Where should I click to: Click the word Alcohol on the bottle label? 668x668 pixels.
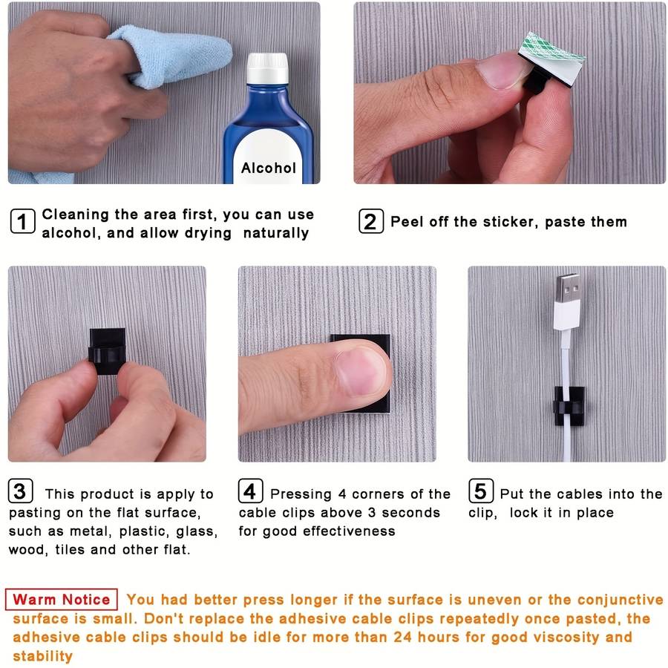point(268,168)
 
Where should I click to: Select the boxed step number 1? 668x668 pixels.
point(22,221)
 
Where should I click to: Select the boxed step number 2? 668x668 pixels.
point(370,221)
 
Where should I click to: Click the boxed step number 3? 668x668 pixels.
point(20,491)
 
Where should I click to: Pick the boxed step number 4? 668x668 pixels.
point(250,491)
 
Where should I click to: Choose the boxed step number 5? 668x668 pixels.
point(480,491)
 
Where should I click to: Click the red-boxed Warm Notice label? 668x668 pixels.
point(62,599)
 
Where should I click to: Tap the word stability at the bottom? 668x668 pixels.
point(42,655)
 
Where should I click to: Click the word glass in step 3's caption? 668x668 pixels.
point(198,531)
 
